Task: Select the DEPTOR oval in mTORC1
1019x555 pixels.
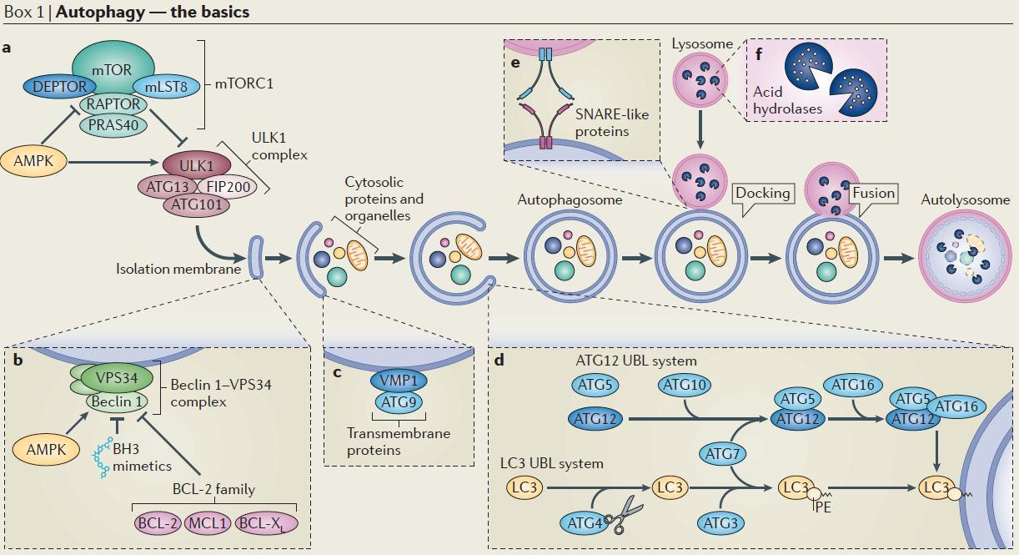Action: point(59,86)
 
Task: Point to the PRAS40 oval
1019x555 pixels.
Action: point(113,125)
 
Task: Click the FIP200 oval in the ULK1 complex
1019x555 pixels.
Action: point(227,187)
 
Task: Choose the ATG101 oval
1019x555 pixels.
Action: point(197,204)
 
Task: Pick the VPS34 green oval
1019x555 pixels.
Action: point(116,377)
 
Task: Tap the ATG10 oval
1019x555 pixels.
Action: point(685,385)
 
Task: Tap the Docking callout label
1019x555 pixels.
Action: point(762,194)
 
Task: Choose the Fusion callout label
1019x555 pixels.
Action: point(873,194)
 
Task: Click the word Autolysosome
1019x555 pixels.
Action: point(965,200)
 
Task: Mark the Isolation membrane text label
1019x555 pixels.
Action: point(178,269)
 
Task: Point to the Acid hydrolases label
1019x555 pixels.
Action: point(787,100)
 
